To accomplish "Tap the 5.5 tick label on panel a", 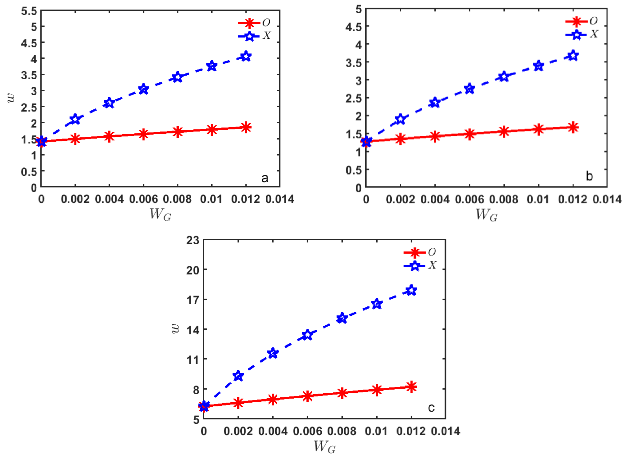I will coord(29,11).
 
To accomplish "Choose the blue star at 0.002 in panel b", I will coord(400,119).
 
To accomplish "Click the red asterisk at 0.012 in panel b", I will coord(573,127).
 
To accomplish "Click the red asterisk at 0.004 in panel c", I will coord(273,399).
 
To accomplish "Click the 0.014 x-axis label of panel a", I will coord(280,199).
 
